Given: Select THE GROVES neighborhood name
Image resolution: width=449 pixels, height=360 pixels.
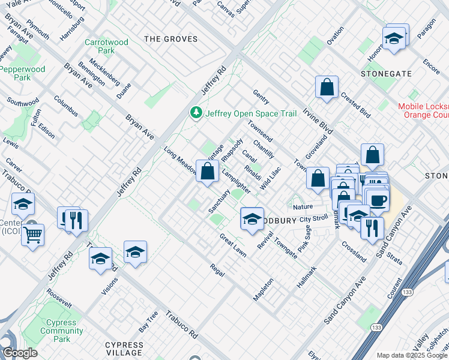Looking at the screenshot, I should pos(171,39).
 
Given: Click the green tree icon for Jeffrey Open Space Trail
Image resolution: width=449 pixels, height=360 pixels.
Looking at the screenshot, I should pos(196,112).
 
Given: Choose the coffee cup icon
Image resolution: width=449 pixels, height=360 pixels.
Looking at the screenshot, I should pos(377,200).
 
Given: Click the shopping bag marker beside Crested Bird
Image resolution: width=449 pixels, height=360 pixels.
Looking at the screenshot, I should pos(327,88).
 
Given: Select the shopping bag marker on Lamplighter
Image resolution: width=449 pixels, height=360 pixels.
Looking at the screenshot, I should pos(207,172).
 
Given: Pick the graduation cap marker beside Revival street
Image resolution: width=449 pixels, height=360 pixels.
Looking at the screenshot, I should pos(252,218).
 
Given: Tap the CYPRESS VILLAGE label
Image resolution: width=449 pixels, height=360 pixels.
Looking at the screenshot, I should pos(124,349).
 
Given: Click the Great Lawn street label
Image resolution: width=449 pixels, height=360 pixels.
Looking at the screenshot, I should pos(232,245).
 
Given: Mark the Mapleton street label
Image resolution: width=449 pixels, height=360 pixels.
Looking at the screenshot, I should pos(264,289).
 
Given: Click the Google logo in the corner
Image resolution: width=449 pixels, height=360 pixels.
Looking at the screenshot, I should pos(20,353).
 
